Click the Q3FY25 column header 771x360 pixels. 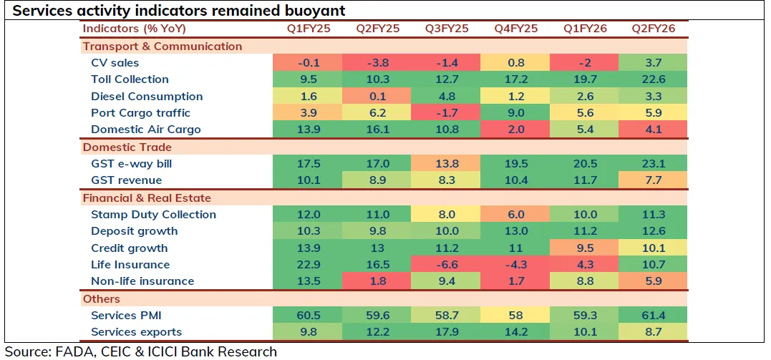coord(447,28)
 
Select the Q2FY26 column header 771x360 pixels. coord(654,28)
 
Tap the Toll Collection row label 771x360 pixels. coord(130,79)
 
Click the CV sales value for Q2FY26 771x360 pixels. coord(654,62)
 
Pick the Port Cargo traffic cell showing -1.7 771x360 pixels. coord(447,113)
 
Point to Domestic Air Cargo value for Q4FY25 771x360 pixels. coord(515,130)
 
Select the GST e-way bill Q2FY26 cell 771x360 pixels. coord(654,164)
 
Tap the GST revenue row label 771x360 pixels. coord(126,180)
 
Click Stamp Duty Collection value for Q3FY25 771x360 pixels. coord(447,215)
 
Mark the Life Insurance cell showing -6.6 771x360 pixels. coord(447,265)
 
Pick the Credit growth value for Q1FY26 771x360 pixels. coord(585,248)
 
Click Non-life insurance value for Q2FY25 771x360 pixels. coord(378,281)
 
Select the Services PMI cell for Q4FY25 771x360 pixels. coord(515,316)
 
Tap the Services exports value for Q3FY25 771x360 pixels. coord(447,332)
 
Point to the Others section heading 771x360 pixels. coord(102,298)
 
